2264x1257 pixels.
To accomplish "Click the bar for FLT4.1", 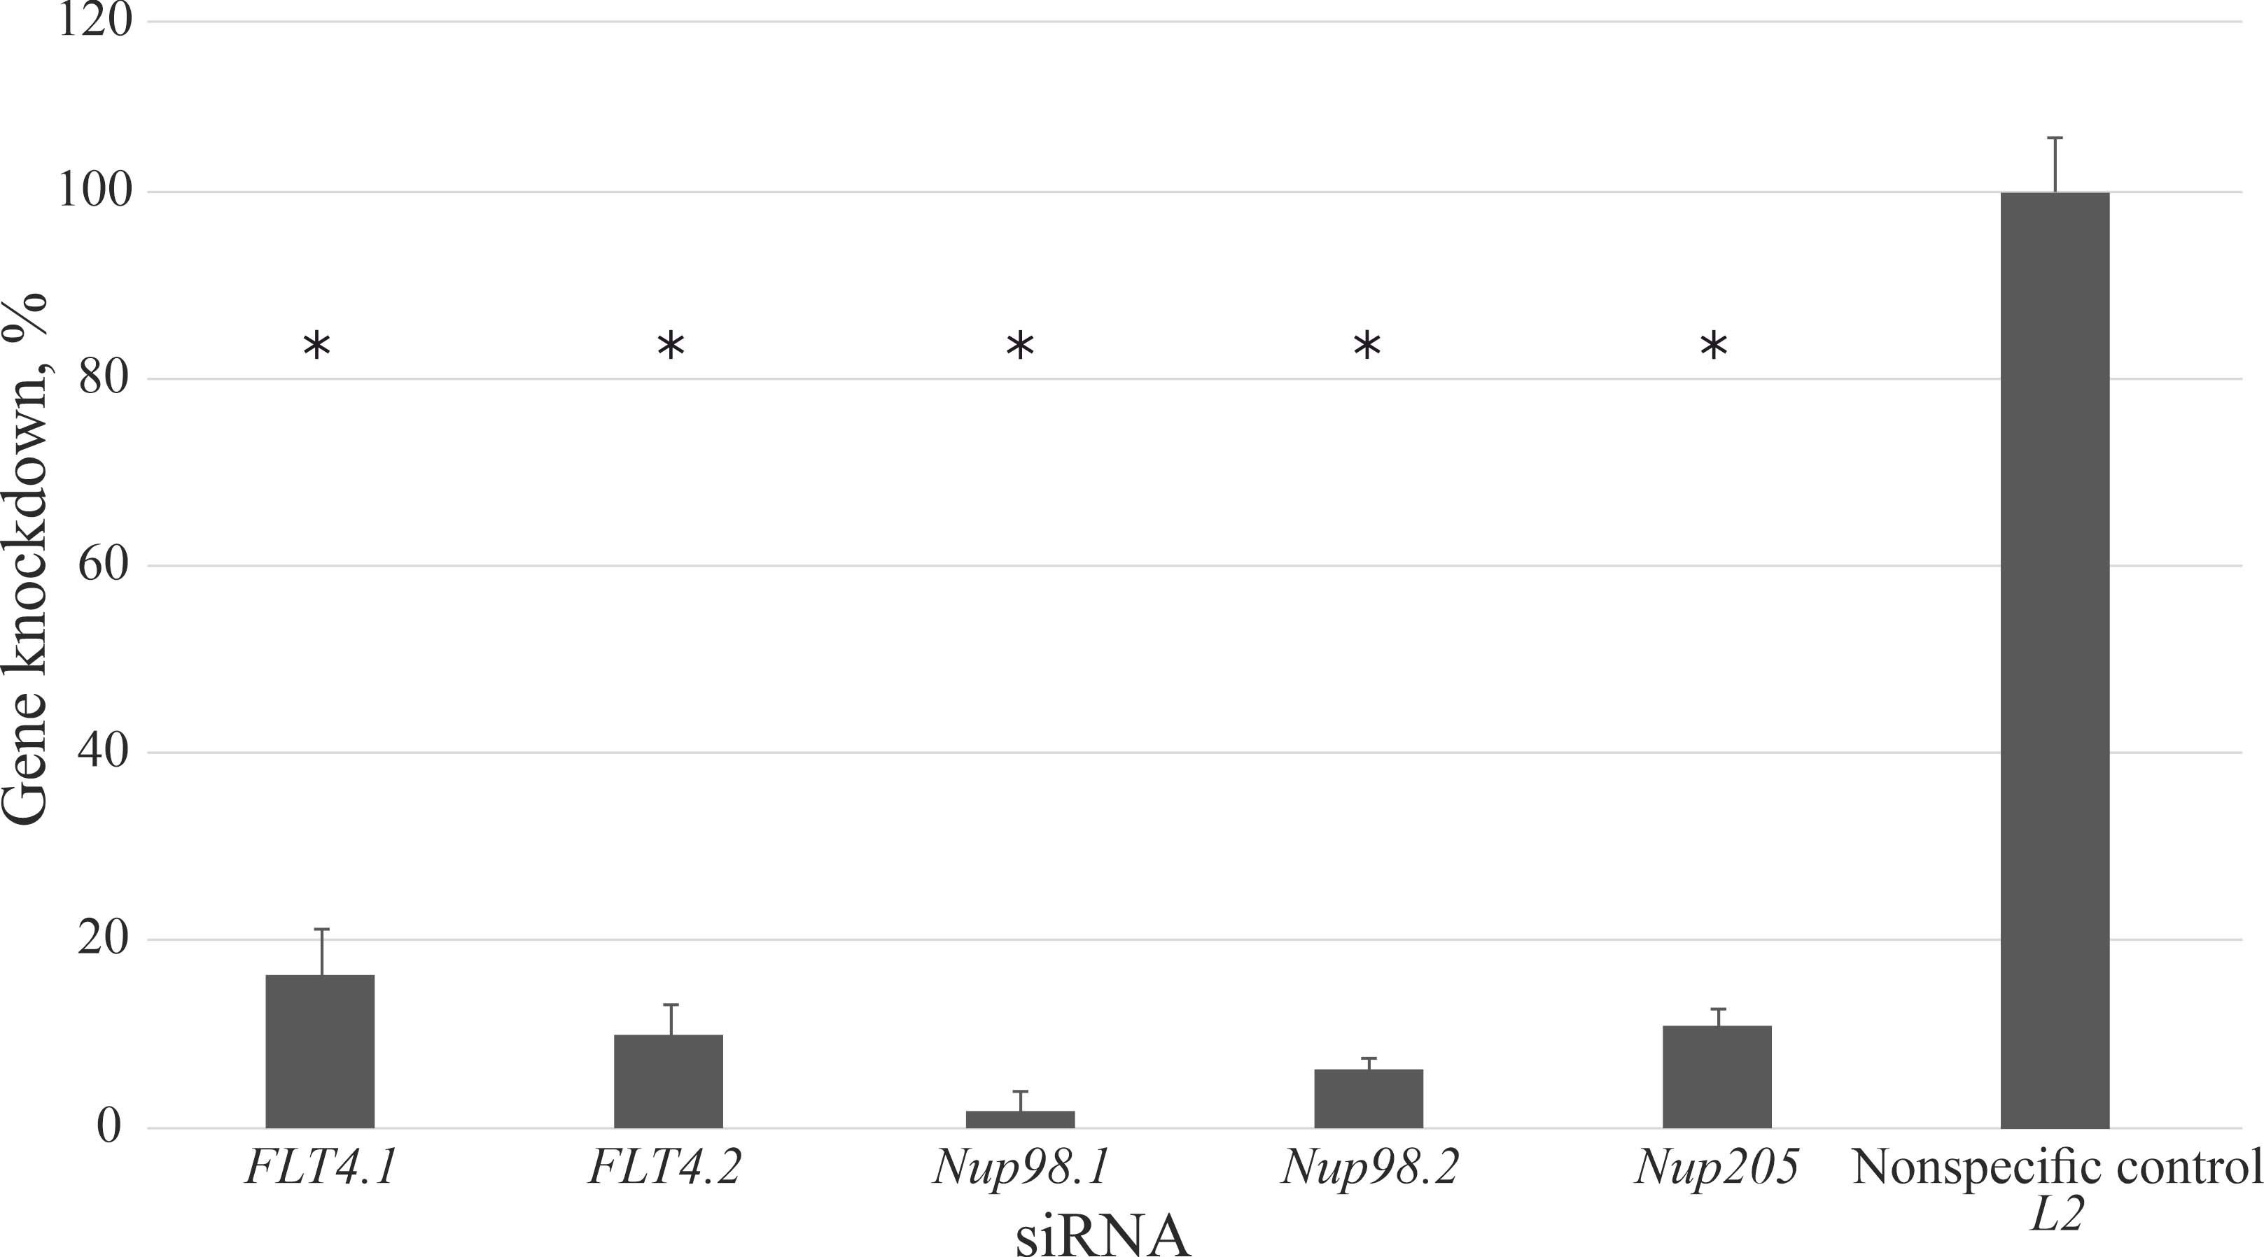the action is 320,1051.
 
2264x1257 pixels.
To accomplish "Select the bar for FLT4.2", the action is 668,1081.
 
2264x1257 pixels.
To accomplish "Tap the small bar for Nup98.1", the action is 1019,1119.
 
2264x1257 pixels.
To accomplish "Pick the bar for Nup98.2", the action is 1369,1098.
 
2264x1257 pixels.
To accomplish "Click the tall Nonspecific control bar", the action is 2055,660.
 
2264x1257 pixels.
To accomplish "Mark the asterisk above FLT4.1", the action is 317,347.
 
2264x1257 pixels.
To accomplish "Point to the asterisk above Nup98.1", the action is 1019,347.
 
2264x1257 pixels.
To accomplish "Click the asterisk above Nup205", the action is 1714,347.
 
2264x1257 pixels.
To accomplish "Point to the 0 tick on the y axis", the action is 109,1126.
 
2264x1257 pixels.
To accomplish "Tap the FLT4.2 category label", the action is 664,1168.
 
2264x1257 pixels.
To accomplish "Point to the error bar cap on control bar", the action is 2055,138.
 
